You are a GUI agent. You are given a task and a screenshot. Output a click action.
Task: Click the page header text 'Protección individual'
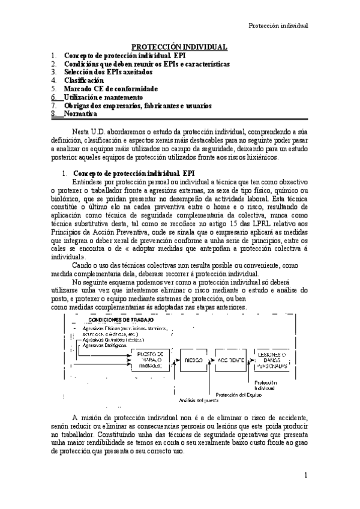(x=278, y=26)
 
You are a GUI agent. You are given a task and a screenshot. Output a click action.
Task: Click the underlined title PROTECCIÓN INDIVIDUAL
(x=179, y=47)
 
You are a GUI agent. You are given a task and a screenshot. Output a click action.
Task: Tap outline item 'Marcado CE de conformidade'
(x=110, y=88)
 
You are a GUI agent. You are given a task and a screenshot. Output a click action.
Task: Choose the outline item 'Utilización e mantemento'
(x=103, y=97)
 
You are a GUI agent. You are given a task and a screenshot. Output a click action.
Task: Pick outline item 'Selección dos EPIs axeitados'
(x=108, y=71)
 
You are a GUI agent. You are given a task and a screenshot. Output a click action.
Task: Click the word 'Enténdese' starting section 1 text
(x=91, y=182)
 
